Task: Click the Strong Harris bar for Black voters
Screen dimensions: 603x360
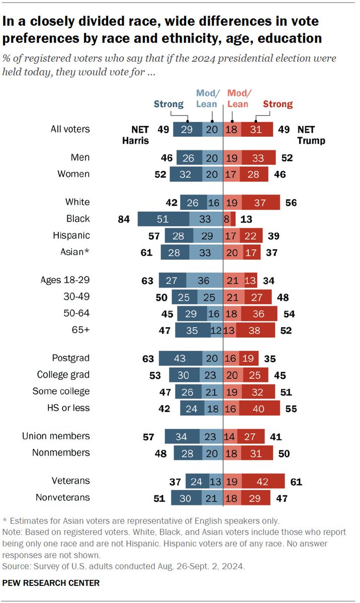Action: click(163, 219)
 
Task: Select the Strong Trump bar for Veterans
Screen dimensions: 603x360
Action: click(263, 481)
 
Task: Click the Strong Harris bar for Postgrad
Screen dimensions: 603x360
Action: click(179, 359)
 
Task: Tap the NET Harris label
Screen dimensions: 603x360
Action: click(135, 135)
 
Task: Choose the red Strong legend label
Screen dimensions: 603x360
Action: click(278, 104)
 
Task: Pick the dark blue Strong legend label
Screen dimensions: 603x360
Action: click(169, 104)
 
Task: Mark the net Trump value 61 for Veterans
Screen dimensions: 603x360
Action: click(296, 481)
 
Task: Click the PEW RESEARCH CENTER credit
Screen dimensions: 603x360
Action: click(51, 583)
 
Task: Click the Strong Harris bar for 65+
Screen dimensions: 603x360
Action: click(193, 330)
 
